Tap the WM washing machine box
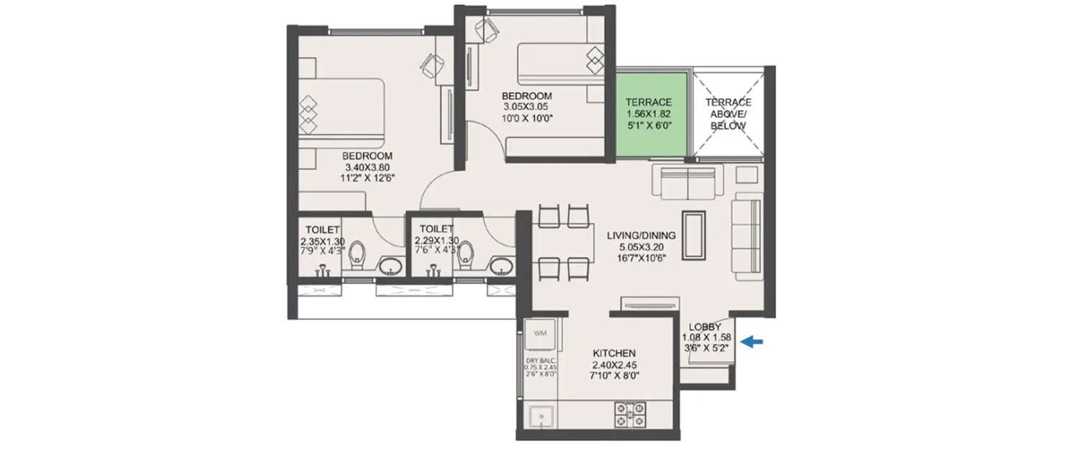pos(541,333)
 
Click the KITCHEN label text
pos(613,354)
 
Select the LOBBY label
pos(706,327)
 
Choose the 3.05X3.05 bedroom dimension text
pos(526,108)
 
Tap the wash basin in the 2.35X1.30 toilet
pos(391,266)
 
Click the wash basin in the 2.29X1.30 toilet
pos(501,266)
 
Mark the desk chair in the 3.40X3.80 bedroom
pos(430,66)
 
